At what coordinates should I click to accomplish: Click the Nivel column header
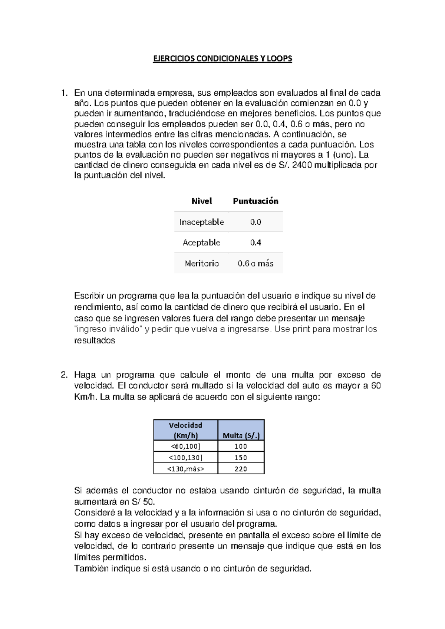coord(201,201)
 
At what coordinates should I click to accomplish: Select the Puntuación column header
coord(256,201)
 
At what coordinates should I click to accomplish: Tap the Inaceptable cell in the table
coord(201,222)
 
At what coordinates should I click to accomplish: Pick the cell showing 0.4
coord(256,243)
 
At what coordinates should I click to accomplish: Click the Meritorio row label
coord(202,263)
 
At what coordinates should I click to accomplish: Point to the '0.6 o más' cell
coord(256,263)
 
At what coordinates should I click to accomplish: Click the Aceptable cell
coord(201,243)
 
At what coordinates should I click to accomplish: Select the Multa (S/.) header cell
coord(241,435)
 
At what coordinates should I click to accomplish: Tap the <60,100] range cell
coord(185,446)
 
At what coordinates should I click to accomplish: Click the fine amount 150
coord(241,458)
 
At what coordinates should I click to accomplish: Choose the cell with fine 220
coord(241,469)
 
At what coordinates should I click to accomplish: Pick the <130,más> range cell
coord(185,469)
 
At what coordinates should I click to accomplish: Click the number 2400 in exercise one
coord(302,165)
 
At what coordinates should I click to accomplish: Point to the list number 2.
coord(64,375)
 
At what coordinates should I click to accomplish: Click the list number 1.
coord(64,93)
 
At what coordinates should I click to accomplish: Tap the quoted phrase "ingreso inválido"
coord(109,329)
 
